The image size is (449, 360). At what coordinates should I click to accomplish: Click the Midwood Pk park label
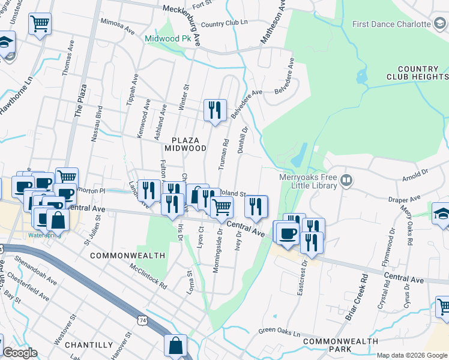pyautogui.click(x=168, y=39)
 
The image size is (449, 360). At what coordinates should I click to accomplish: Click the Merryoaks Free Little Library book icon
pyautogui.click(x=346, y=180)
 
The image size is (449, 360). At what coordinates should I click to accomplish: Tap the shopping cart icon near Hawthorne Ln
pyautogui.click(x=40, y=24)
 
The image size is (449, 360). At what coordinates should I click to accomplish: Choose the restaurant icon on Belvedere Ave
pyautogui.click(x=215, y=110)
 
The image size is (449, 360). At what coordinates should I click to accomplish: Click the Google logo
pyautogui.click(x=19, y=353)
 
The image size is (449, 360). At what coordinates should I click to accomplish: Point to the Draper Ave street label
pyautogui.click(x=403, y=199)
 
